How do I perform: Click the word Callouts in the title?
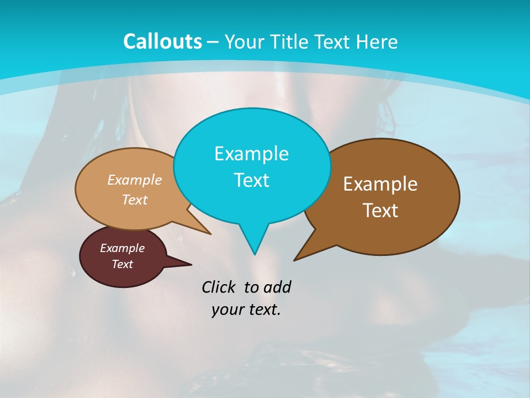point(162,42)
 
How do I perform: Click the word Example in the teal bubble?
point(251,154)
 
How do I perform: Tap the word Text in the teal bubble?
point(251,180)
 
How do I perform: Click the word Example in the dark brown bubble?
point(380,184)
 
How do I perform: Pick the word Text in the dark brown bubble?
point(380,211)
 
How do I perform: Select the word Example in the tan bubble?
point(135,180)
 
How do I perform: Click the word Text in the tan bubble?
point(135,200)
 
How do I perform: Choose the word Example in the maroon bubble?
point(123,248)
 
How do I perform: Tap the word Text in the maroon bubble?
point(123,264)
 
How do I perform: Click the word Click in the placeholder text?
point(219,287)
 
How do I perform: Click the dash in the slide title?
point(214,42)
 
